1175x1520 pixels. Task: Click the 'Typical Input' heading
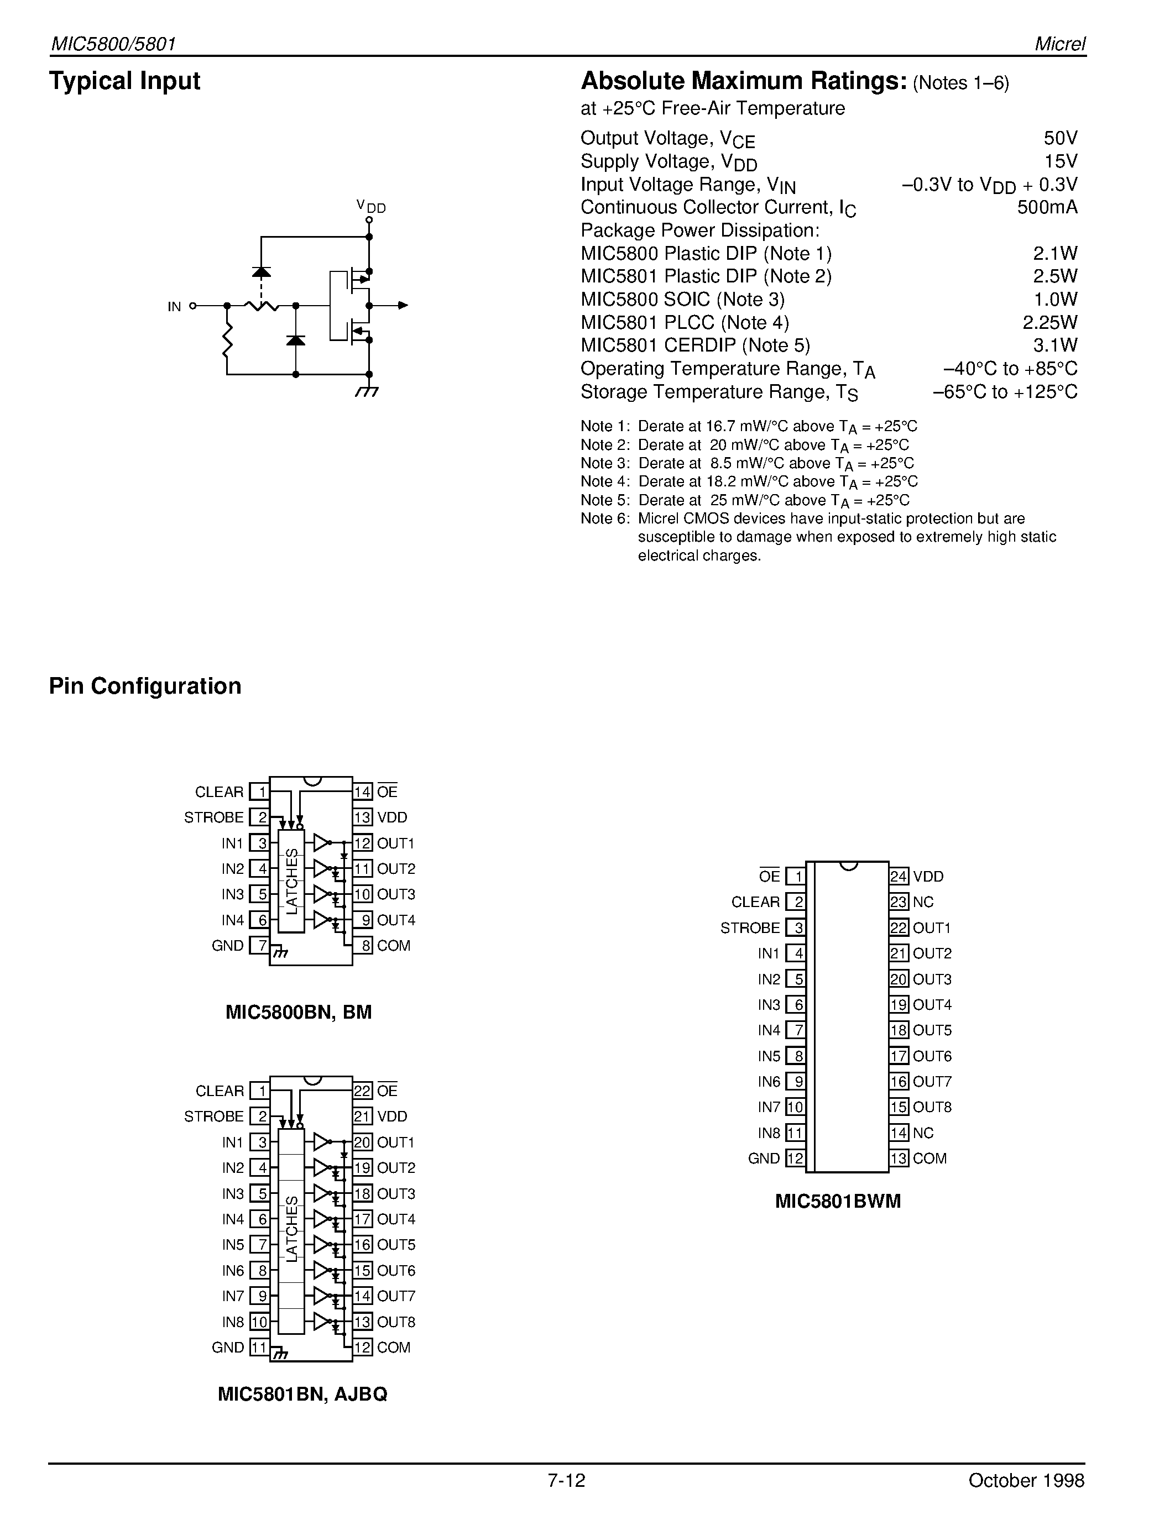pyautogui.click(x=124, y=81)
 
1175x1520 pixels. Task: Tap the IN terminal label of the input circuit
pyautogui.click(x=174, y=306)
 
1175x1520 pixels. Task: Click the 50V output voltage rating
pyautogui.click(x=1060, y=138)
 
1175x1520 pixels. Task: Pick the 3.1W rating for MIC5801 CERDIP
pyautogui.click(x=1055, y=345)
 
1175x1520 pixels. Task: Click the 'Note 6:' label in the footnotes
pyautogui.click(x=605, y=518)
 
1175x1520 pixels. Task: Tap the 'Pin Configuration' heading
pyautogui.click(x=145, y=686)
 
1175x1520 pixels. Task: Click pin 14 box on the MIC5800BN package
pyautogui.click(x=363, y=792)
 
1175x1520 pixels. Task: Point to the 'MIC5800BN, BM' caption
pyautogui.click(x=299, y=1012)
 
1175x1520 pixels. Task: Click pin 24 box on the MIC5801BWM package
pyautogui.click(x=899, y=876)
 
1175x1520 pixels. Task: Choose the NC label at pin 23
pyautogui.click(x=923, y=902)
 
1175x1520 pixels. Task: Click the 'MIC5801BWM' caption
pyautogui.click(x=838, y=1202)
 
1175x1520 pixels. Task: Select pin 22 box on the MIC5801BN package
pyautogui.click(x=363, y=1091)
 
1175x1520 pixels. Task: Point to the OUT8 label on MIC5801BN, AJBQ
pyautogui.click(x=396, y=1322)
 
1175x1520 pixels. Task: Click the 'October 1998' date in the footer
pyautogui.click(x=1026, y=1500)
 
